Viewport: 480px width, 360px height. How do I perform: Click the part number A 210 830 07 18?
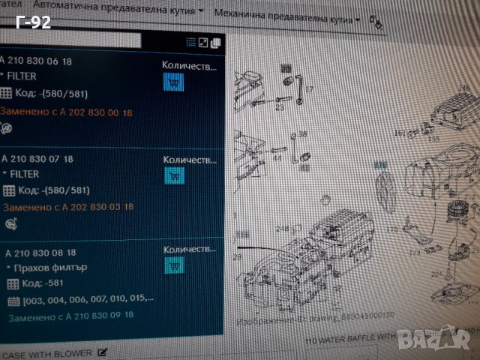tap(37, 159)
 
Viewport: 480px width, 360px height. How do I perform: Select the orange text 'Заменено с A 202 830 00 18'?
tap(66, 112)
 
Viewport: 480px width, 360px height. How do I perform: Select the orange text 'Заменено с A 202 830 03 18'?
tap(68, 206)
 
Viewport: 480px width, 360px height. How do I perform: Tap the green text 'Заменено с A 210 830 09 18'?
tap(71, 316)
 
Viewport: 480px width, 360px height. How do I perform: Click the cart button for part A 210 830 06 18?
tap(173, 82)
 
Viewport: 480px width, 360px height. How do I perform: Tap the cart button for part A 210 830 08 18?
tap(173, 264)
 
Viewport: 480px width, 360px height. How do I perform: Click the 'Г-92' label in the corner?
tap(33, 22)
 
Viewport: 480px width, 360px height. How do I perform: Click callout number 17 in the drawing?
tap(309, 90)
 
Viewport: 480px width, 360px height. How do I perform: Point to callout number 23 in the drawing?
tap(279, 107)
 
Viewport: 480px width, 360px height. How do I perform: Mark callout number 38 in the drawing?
tap(303, 134)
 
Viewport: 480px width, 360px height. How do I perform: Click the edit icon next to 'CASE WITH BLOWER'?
tap(102, 352)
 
